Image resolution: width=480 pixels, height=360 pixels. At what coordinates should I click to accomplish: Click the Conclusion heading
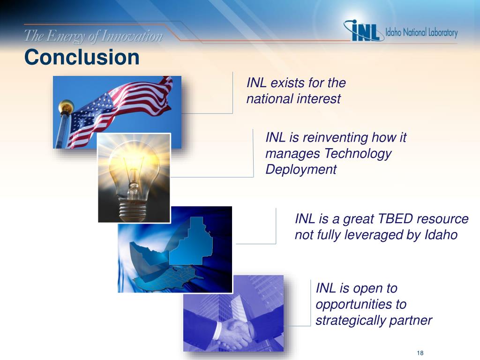coord(82,57)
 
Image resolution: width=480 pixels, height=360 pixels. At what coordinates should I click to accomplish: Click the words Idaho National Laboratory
coord(421,32)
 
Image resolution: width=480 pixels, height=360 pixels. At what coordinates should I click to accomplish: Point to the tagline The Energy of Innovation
coord(93,36)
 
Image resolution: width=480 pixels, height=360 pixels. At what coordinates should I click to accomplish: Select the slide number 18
coord(420,353)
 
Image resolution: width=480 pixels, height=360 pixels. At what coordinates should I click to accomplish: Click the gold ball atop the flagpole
coord(66,106)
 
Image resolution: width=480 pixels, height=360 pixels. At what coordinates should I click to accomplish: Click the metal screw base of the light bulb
coord(133,210)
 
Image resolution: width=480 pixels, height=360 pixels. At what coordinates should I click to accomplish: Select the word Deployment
coord(301,170)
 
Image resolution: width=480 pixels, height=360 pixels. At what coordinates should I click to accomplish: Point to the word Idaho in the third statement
coord(441,235)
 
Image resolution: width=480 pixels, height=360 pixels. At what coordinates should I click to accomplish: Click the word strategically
coord(350,321)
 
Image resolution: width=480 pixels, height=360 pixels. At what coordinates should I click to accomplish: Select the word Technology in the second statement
coord(358,154)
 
